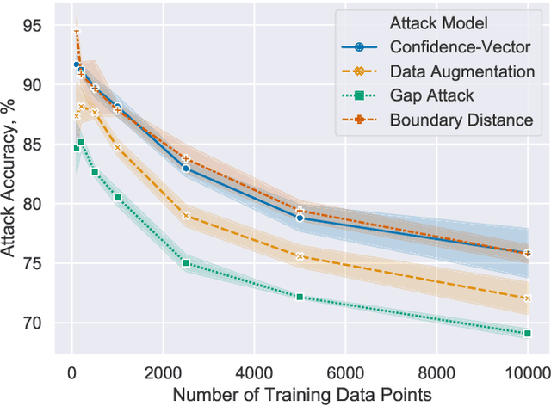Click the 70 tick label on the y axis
tap(45, 323)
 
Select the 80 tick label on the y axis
tap(45, 204)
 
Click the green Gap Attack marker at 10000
tap(527, 333)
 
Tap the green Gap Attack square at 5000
tap(300, 297)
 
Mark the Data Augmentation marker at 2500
tap(186, 215)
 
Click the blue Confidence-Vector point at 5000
tap(300, 218)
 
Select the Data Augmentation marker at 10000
tap(527, 298)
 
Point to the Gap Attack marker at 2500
tap(186, 263)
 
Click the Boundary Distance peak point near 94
tap(77, 33)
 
